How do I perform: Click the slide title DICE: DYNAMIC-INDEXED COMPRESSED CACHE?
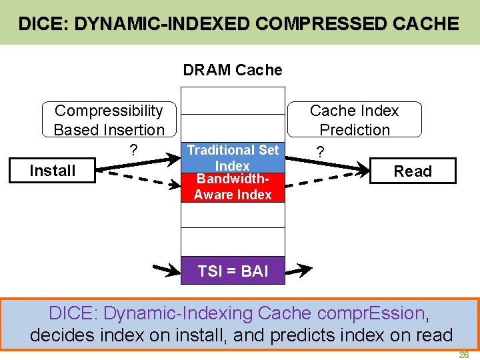tap(239, 25)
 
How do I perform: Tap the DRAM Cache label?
tap(233, 70)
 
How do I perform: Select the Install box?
tap(52, 171)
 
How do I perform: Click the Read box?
tap(412, 171)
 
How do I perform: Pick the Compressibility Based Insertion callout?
tap(109, 120)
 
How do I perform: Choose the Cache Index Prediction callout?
tap(354, 120)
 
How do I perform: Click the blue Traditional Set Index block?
tap(233, 157)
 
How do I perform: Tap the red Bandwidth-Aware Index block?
tap(233, 189)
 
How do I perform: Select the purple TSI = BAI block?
tap(233, 271)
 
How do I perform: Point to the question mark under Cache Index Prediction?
tap(321, 153)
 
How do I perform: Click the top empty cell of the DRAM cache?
tap(233, 100)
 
